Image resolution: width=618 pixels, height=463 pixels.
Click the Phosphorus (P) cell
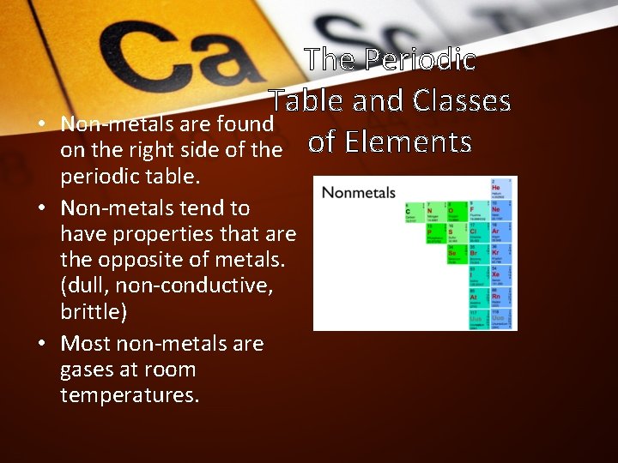tap(435, 234)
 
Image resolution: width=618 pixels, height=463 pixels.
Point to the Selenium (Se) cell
tap(457, 256)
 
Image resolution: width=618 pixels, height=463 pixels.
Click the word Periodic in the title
tap(420, 59)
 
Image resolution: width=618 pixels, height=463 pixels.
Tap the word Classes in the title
tap(462, 100)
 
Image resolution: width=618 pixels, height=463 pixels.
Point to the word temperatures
tap(129, 395)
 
